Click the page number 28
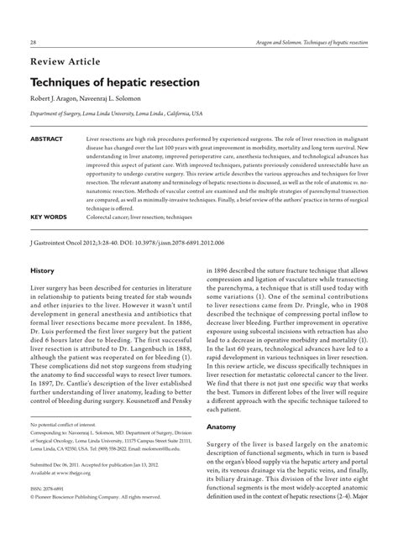[33, 42]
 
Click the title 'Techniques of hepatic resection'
[114, 84]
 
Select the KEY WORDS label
[49, 216]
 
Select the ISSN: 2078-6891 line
[52, 511]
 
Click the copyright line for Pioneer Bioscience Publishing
[97, 520]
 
